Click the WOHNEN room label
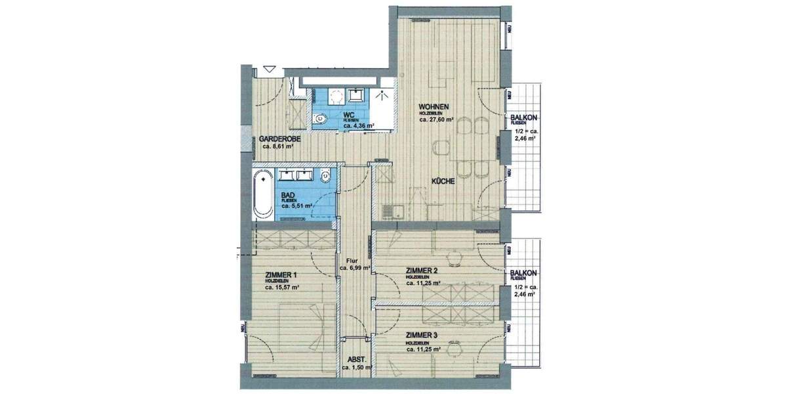tap(434, 106)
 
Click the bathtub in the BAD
tap(264, 196)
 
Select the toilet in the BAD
tap(326, 175)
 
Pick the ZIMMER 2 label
tap(422, 271)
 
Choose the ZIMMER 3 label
tap(422, 335)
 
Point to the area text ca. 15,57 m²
tap(282, 287)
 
